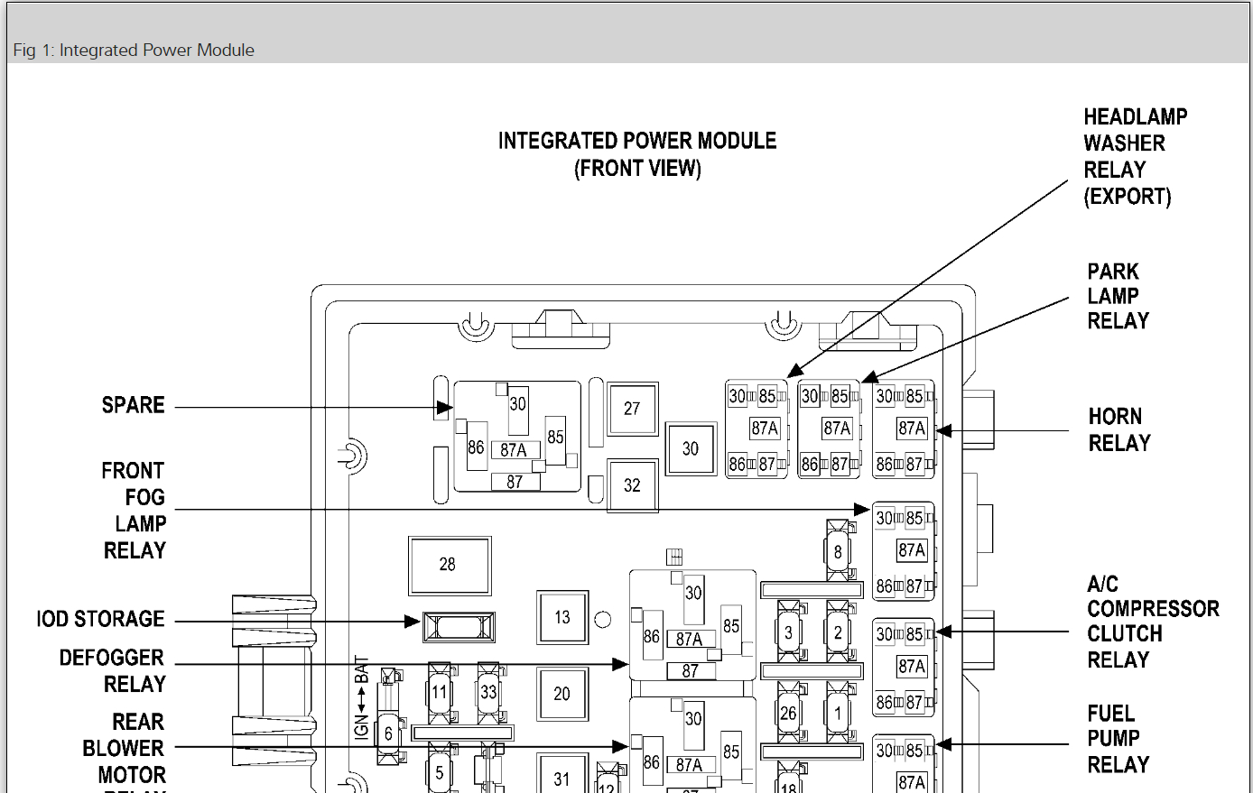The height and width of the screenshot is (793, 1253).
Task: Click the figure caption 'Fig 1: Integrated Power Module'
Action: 134,51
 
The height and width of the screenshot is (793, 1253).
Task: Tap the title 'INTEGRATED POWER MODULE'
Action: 637,141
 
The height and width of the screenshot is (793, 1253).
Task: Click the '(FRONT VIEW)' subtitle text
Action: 637,169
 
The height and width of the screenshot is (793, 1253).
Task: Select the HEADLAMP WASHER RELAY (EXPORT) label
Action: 1134,156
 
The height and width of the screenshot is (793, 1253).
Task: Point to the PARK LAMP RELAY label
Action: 1118,296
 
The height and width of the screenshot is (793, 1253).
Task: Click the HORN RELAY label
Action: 1119,429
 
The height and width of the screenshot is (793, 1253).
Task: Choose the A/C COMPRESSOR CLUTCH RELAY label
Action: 1152,622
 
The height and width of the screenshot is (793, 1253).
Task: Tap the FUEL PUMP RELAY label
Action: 1118,739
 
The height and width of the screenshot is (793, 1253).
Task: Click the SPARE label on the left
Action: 133,405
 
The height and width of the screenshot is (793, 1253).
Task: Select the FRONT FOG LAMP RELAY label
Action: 135,511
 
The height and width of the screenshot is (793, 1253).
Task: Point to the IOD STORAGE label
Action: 100,619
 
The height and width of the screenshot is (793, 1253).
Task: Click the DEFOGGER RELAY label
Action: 113,670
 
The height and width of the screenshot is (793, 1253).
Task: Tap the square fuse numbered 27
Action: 632,409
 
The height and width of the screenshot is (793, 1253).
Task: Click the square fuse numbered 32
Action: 632,485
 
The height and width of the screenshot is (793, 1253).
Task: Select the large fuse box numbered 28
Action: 449,565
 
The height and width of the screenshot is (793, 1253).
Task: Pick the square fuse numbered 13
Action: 562,617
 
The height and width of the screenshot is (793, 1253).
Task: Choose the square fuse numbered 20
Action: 562,694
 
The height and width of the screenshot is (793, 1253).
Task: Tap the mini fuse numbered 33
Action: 488,692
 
